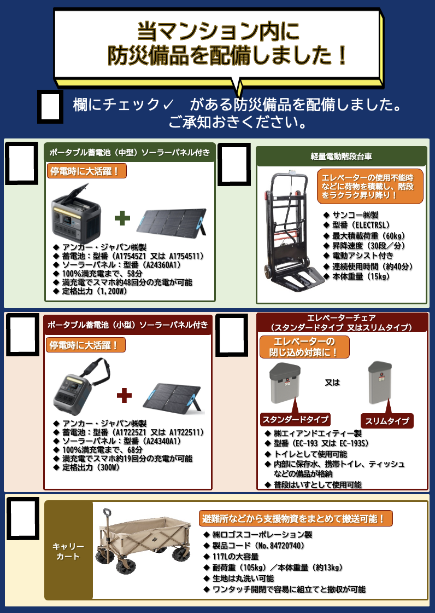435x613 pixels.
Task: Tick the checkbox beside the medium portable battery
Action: coord(21,163)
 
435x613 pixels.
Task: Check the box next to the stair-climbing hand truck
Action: coord(233,164)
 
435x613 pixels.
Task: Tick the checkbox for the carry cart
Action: coord(23,518)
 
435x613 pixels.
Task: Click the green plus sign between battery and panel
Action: coord(122,218)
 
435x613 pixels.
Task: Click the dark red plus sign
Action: coord(124,395)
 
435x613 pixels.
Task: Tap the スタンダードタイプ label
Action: coord(295,419)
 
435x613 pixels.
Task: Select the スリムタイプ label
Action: coord(386,421)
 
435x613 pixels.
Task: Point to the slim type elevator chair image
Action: coord(380,383)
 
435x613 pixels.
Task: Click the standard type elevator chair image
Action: coord(285,383)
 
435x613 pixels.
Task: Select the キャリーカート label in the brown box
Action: coord(68,551)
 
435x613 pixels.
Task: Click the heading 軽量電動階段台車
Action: coord(342,157)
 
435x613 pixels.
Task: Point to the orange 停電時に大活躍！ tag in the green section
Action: coord(86,171)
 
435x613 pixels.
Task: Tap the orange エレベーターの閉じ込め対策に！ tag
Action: coord(304,347)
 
